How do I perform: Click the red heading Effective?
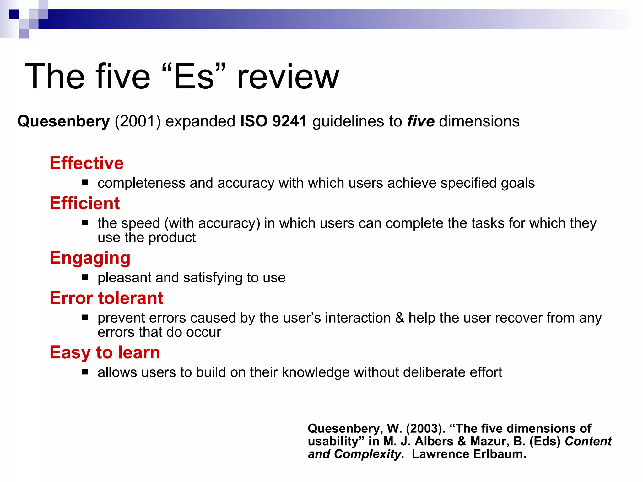87,163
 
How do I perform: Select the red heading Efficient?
85,203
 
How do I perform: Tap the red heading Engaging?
90,258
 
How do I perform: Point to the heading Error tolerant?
106,298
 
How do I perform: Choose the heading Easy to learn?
105,352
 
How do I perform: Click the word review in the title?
288,77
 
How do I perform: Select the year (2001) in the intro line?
138,121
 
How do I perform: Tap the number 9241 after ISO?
289,121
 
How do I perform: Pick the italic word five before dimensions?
421,121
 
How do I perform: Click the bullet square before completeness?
85,182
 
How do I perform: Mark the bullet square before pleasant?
85,277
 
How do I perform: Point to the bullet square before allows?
85,372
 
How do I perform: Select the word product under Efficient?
172,238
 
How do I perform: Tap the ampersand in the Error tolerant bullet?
399,318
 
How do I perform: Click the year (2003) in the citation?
425,429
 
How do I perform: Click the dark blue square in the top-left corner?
14,14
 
